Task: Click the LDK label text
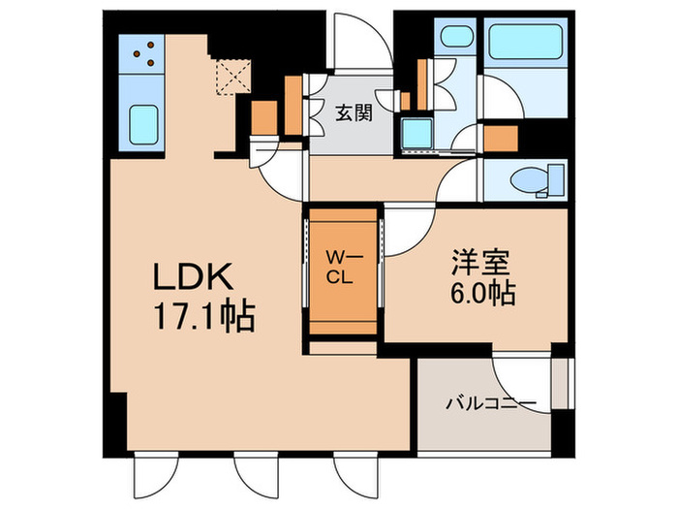(x=194, y=276)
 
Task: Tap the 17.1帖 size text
(x=204, y=317)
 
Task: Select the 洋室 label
(x=480, y=262)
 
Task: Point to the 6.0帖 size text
(x=482, y=294)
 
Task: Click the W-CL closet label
(x=345, y=268)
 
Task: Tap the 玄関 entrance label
(x=354, y=113)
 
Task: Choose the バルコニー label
(x=491, y=403)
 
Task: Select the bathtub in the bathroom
(x=525, y=42)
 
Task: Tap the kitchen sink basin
(x=143, y=125)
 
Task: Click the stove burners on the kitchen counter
(x=145, y=53)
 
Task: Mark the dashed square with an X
(x=233, y=77)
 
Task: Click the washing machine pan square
(x=416, y=133)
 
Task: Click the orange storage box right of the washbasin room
(x=501, y=139)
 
